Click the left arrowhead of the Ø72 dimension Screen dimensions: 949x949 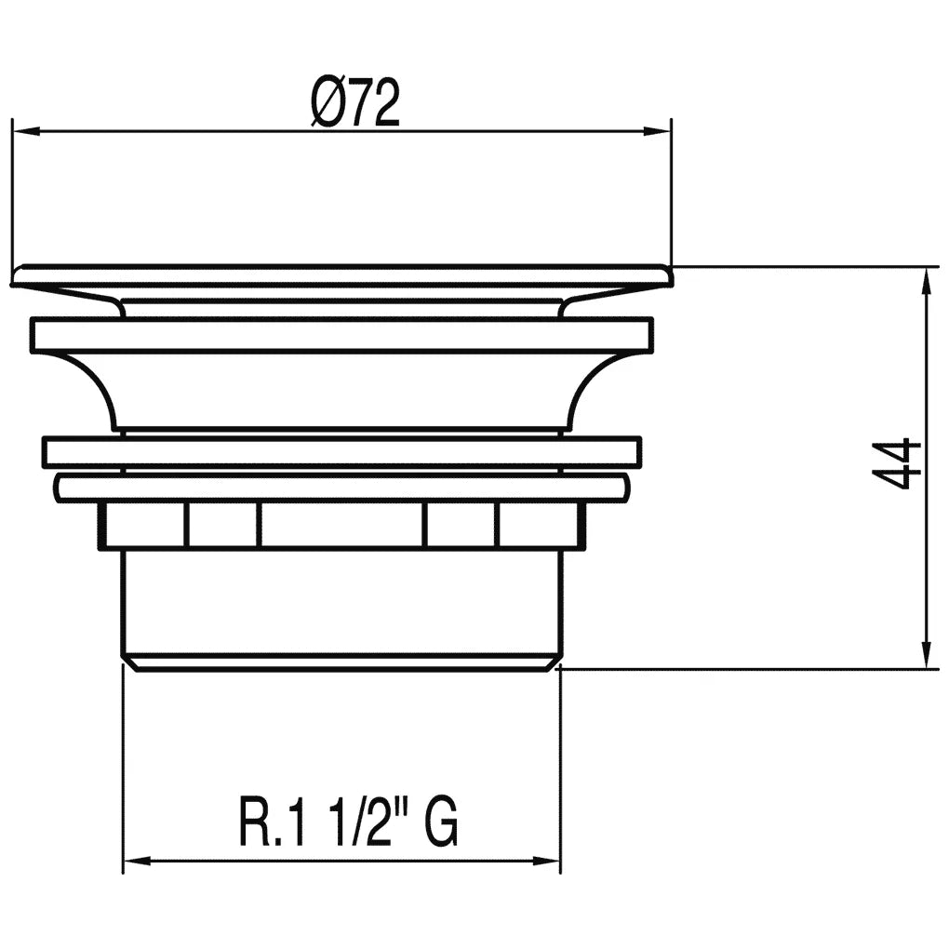click(26, 131)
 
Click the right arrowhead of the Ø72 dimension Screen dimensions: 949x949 click(657, 131)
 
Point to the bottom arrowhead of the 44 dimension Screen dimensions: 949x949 click(926, 655)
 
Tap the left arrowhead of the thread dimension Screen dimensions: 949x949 click(137, 861)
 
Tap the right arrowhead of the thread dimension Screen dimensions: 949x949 click(546, 861)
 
